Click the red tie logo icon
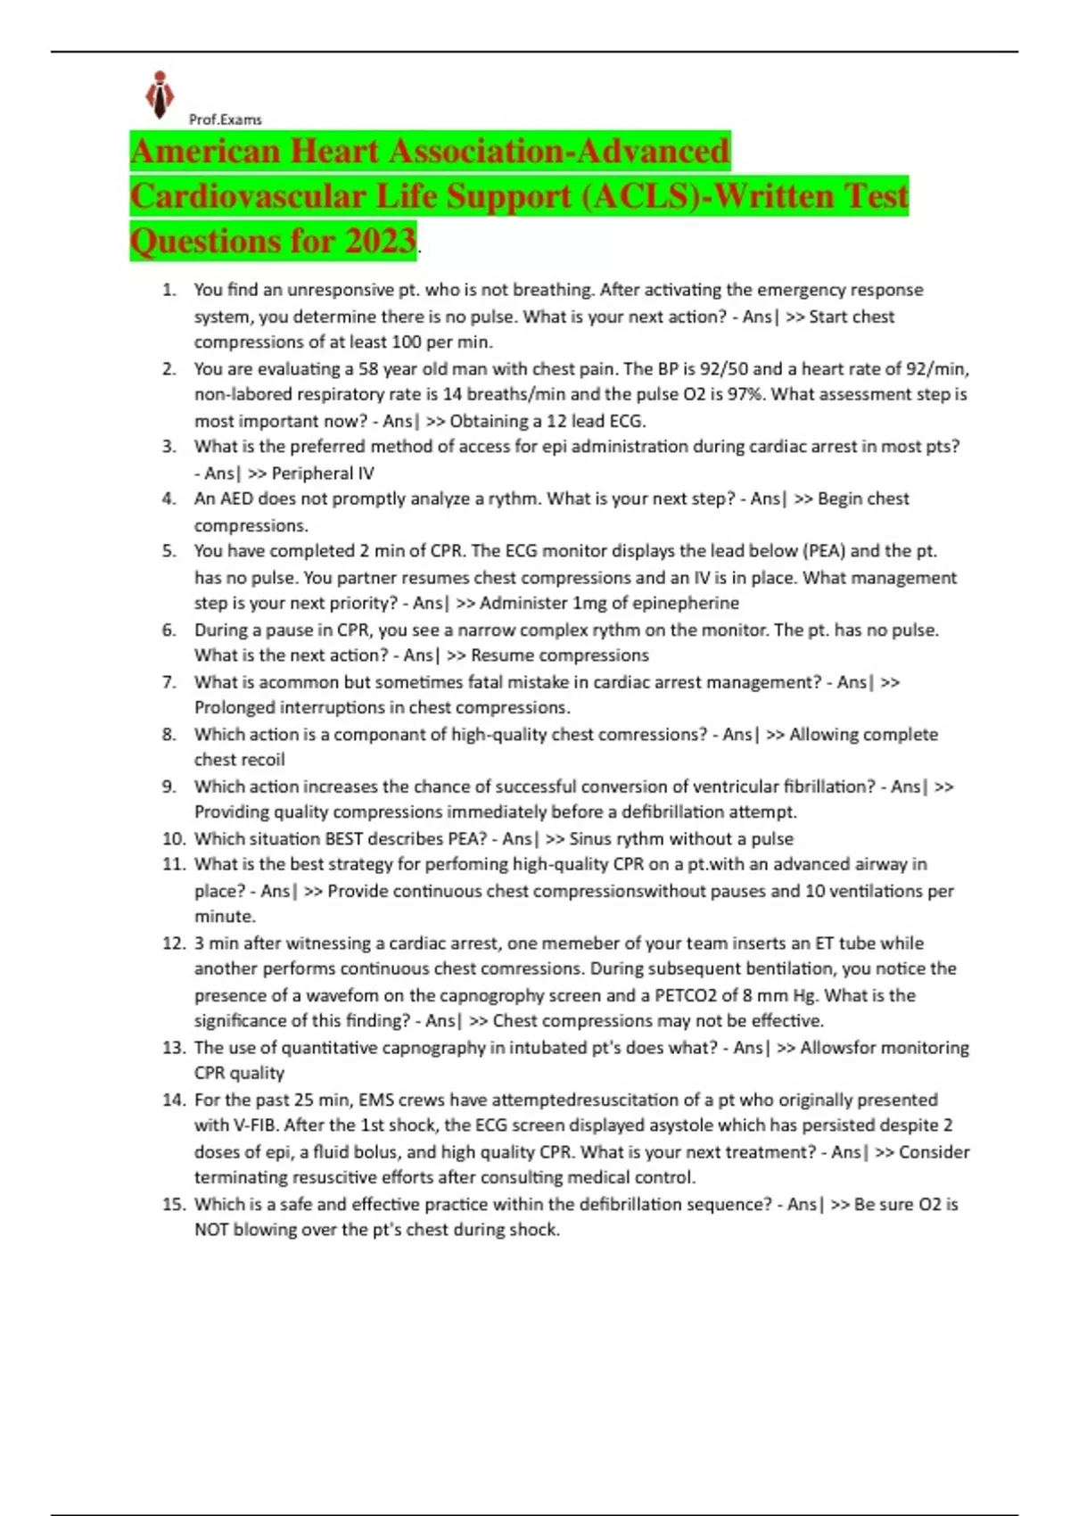click(160, 95)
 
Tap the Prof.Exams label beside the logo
click(226, 119)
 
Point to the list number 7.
click(169, 682)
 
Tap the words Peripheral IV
click(323, 474)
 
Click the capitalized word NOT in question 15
click(211, 1230)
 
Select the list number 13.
click(173, 1048)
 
